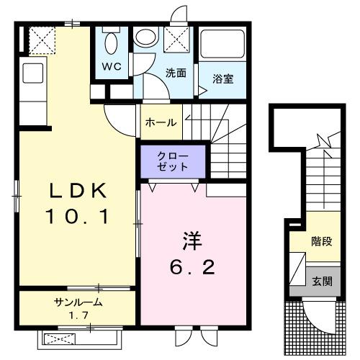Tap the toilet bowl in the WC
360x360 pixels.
pyautogui.click(x=112, y=42)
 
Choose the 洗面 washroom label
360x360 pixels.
pyautogui.click(x=176, y=73)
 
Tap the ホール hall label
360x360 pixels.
pyautogui.click(x=160, y=122)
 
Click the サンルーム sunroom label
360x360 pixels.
pyautogui.click(x=78, y=302)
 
